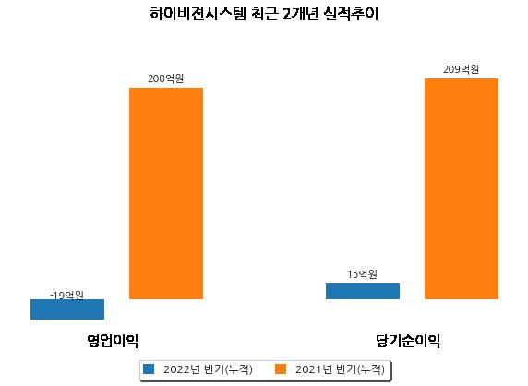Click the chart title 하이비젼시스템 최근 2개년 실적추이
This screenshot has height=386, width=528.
coord(264,14)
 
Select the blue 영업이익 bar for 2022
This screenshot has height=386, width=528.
coord(67,309)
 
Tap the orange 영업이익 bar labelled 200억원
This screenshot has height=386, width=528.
coord(166,193)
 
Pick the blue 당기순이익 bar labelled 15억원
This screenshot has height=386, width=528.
coord(363,292)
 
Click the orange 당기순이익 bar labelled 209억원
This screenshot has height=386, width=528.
coord(462,188)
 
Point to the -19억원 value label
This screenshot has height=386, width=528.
coord(66,296)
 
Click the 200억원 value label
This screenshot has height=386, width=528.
coord(165,78)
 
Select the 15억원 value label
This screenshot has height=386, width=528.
coord(363,274)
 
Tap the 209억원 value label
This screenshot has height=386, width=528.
coord(461,69)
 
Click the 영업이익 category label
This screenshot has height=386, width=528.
coord(113,341)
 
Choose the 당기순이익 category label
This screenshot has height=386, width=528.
coord(408,341)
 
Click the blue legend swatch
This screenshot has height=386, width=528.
coord(149,368)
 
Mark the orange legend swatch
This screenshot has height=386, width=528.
coord(281,368)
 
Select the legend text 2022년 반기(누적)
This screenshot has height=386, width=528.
coord(208,369)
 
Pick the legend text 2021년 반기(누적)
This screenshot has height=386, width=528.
coord(340,369)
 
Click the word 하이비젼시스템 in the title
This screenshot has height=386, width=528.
coord(198,14)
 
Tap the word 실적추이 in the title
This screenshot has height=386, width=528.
coord(351,14)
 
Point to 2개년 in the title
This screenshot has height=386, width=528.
coord(301,14)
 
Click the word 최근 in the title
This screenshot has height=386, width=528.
coord(265,14)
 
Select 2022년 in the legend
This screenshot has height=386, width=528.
coord(182,369)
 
